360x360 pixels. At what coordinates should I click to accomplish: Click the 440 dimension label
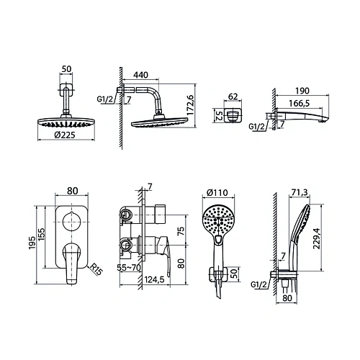pos(141,75)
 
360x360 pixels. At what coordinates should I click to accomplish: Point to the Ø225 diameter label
pos(65,135)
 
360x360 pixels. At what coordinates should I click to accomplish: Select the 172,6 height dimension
pos(190,105)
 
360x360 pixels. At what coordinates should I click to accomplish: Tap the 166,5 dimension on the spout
pos(299,104)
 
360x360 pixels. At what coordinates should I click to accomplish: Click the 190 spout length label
pos(302,91)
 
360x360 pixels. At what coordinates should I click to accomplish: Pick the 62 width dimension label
pos(233,96)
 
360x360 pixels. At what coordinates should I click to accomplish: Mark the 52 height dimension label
pos(219,116)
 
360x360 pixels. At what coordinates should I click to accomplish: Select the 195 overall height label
pos(32,243)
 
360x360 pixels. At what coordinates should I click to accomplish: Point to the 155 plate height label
pos(41,234)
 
